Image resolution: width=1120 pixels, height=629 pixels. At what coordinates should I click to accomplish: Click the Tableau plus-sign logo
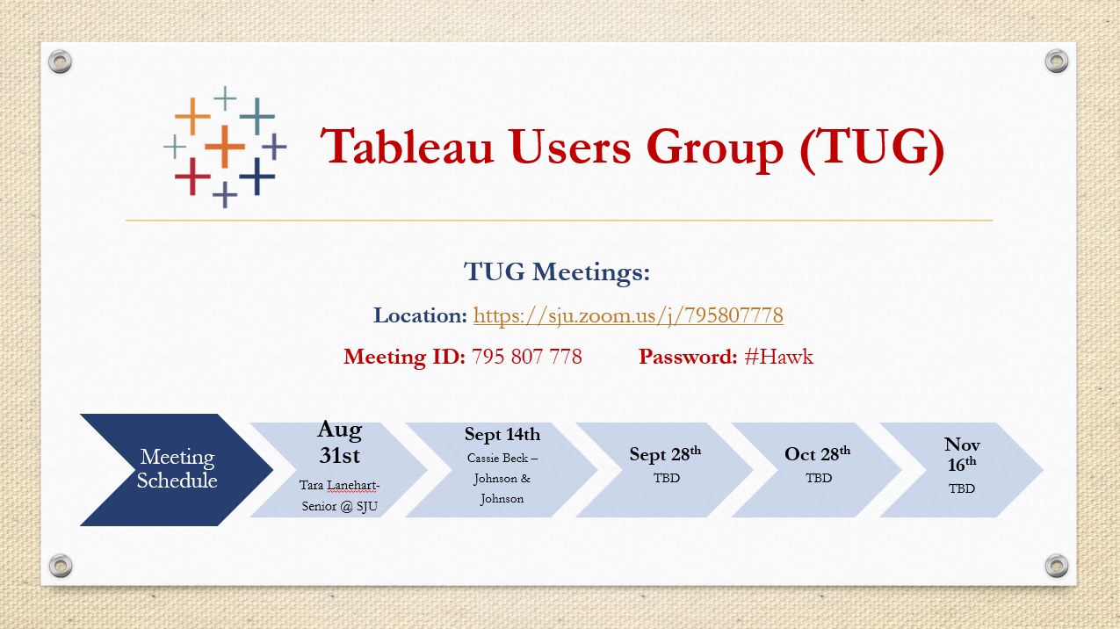tap(225, 147)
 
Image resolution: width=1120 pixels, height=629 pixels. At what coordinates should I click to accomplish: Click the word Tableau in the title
tap(407, 147)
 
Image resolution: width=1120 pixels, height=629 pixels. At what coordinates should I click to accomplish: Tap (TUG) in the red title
tap(871, 148)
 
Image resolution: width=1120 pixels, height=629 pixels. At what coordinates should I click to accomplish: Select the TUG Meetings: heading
tap(557, 271)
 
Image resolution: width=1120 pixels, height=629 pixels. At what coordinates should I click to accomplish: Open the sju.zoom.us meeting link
tap(628, 315)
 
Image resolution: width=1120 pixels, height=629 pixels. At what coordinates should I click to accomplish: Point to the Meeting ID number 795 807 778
tap(526, 357)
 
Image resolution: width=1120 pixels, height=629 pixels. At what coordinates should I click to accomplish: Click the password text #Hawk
tap(778, 357)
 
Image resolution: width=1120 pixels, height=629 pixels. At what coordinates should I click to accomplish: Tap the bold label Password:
tap(688, 357)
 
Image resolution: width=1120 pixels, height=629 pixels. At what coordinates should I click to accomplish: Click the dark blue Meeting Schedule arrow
tap(177, 469)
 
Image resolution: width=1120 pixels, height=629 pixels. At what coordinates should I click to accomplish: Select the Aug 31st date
tap(339, 443)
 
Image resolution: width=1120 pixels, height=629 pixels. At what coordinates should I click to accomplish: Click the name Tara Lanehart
tap(338, 486)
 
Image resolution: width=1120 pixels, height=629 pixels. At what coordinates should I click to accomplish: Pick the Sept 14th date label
tap(502, 434)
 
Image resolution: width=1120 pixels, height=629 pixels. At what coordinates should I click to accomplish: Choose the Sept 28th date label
tap(665, 453)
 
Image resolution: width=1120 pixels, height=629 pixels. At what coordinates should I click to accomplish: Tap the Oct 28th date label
tap(817, 453)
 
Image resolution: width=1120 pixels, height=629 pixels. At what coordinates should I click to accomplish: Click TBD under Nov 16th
tap(962, 488)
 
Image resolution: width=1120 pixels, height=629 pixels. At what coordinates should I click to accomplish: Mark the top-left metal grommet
tap(60, 62)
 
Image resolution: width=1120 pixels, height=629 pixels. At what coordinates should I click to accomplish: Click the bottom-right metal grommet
tap(1057, 566)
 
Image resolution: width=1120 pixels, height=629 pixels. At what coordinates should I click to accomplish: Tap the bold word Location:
tap(420, 315)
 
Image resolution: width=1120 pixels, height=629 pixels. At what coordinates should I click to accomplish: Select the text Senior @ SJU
tap(339, 506)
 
